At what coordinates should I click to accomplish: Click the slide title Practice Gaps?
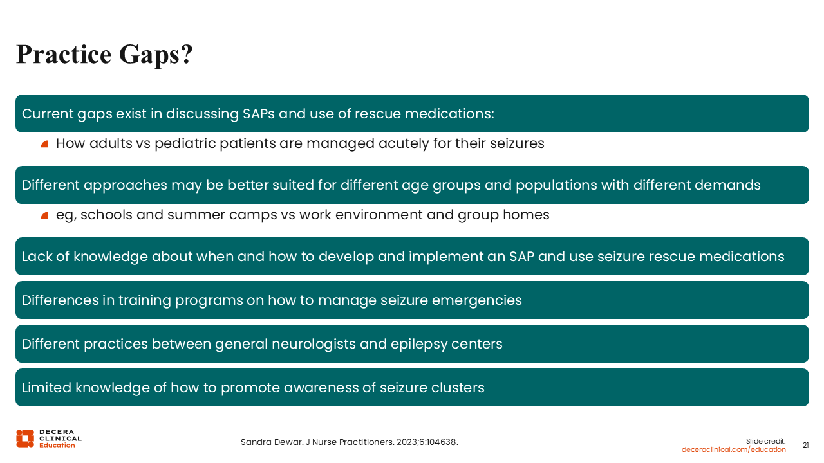[x=104, y=55]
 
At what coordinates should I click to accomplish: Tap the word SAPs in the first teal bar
[x=259, y=114]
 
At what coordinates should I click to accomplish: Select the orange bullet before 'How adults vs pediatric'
[x=44, y=144]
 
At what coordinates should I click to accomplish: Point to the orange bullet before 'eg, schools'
[x=44, y=215]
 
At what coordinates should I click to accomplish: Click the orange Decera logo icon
[x=25, y=439]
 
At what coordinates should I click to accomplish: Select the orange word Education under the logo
[x=57, y=446]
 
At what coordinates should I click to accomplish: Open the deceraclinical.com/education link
[x=733, y=449]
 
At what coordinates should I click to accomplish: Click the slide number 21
[x=805, y=446]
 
